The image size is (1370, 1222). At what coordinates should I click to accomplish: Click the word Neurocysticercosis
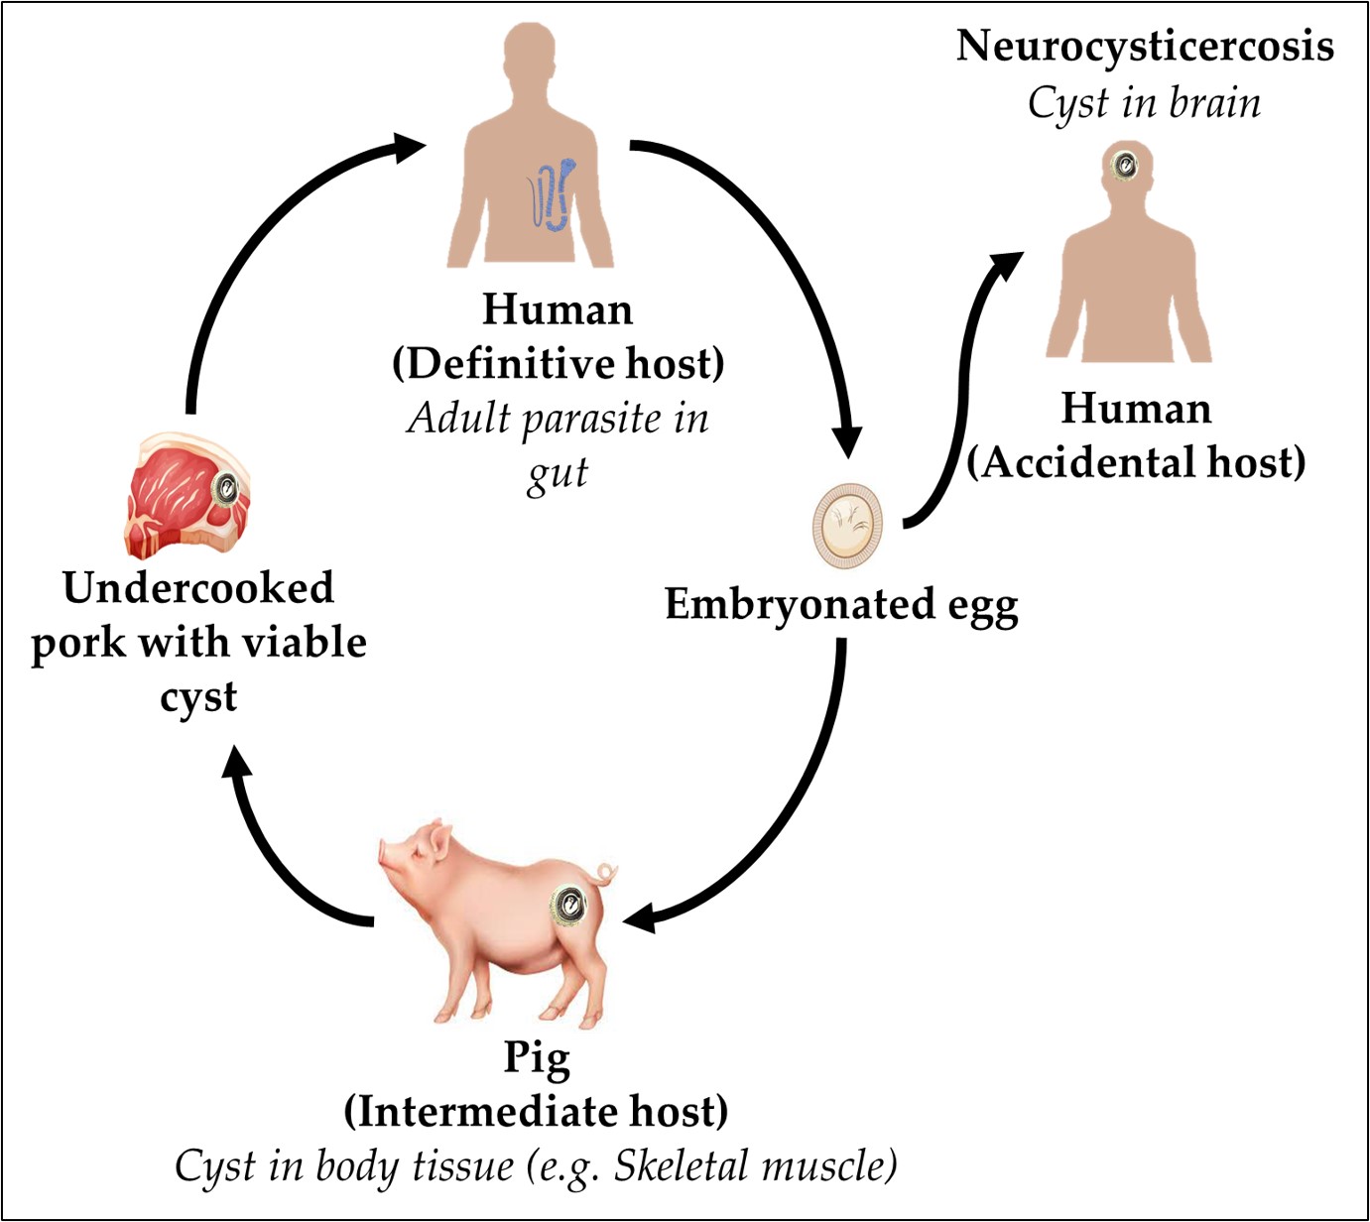pyautogui.click(x=1144, y=47)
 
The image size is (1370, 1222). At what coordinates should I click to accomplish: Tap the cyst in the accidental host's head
pyautogui.click(x=1125, y=165)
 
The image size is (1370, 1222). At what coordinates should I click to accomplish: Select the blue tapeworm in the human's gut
pyautogui.click(x=551, y=194)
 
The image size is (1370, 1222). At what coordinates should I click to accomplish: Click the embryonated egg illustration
pyautogui.click(x=848, y=526)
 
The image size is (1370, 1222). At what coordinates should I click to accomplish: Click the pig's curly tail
pyautogui.click(x=604, y=874)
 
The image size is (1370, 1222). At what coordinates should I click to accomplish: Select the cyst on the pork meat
pyautogui.click(x=227, y=488)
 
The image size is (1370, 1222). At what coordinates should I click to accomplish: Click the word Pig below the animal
pyautogui.click(x=537, y=1057)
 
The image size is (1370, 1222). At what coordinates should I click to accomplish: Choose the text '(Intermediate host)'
pyautogui.click(x=536, y=1111)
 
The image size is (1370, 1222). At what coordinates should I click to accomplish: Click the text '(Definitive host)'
pyautogui.click(x=558, y=363)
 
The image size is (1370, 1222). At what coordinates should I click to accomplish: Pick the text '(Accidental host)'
pyautogui.click(x=1136, y=462)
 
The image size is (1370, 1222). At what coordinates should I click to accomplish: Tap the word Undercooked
pyautogui.click(x=198, y=588)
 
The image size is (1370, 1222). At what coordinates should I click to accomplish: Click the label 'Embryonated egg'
pyautogui.click(x=841, y=604)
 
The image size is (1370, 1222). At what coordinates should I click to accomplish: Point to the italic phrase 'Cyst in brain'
pyautogui.click(x=1144, y=103)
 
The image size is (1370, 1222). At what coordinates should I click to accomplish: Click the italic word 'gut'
pyautogui.click(x=558, y=473)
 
